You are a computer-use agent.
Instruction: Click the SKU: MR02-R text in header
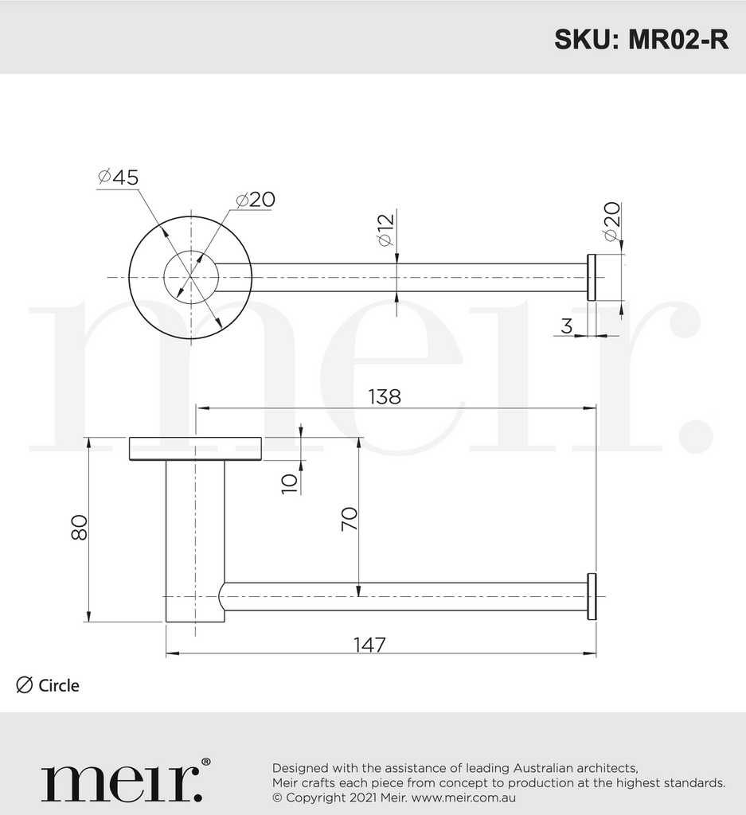pyautogui.click(x=641, y=40)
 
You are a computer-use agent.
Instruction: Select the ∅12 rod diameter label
pyautogui.click(x=386, y=231)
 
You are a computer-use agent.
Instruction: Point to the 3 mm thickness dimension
pyautogui.click(x=567, y=326)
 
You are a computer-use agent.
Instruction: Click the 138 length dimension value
pyautogui.click(x=384, y=396)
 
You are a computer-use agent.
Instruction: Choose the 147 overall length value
pyautogui.click(x=369, y=645)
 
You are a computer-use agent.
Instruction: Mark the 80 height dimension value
pyautogui.click(x=78, y=527)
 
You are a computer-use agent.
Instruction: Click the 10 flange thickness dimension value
pyautogui.click(x=289, y=481)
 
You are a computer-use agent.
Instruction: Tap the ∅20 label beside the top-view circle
pyautogui.click(x=256, y=199)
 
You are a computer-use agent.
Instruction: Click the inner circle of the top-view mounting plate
pyautogui.click(x=191, y=277)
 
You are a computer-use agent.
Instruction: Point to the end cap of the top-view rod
pyautogui.click(x=592, y=278)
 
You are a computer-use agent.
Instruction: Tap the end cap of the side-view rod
pyautogui.click(x=592, y=596)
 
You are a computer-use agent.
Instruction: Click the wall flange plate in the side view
pyautogui.click(x=195, y=449)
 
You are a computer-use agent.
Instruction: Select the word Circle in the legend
pyautogui.click(x=59, y=685)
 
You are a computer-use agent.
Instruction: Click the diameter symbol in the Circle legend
pyautogui.click(x=25, y=684)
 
